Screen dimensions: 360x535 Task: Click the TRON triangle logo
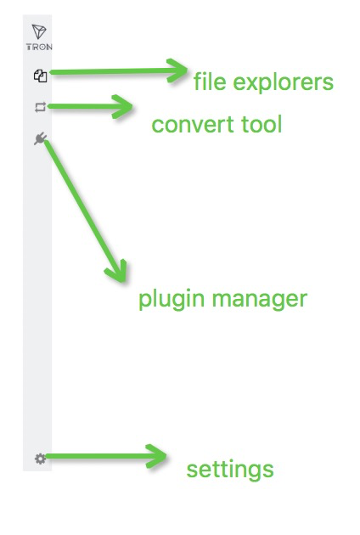click(x=39, y=31)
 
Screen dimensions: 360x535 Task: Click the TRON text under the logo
click(x=39, y=47)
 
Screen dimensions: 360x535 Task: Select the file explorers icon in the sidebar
click(x=40, y=76)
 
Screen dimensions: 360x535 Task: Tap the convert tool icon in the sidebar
click(x=40, y=108)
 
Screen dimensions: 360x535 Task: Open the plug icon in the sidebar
click(x=40, y=139)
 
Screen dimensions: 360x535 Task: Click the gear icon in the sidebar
click(x=40, y=459)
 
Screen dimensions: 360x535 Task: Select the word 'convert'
click(x=194, y=125)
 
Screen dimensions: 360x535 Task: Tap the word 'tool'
click(x=262, y=123)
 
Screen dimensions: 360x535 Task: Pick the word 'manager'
click(x=260, y=301)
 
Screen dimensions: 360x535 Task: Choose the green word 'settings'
click(x=230, y=470)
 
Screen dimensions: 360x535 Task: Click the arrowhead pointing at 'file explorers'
click(x=177, y=70)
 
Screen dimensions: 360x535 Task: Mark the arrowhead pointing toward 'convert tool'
click(x=123, y=106)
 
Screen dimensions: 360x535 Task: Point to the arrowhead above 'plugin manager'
click(x=117, y=271)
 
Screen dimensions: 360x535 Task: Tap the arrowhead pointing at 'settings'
click(x=156, y=456)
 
